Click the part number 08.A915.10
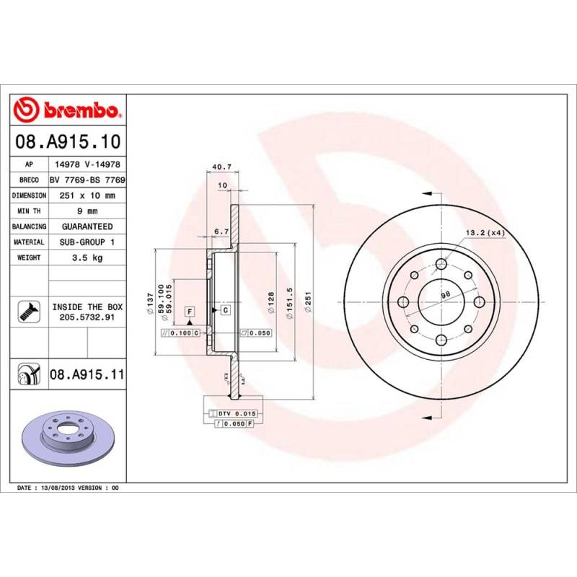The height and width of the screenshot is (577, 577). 69,143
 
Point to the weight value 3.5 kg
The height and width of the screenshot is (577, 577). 86,257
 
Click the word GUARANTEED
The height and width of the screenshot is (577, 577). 87,226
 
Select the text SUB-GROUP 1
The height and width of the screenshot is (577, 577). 86,242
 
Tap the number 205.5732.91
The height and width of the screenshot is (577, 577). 87,317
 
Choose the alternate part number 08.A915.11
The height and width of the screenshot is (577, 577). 87,375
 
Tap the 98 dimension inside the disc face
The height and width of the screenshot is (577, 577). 445,294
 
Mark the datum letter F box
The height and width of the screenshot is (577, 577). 190,311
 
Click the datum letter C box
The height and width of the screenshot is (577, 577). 224,310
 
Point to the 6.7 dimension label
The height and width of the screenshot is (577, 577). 221,232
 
